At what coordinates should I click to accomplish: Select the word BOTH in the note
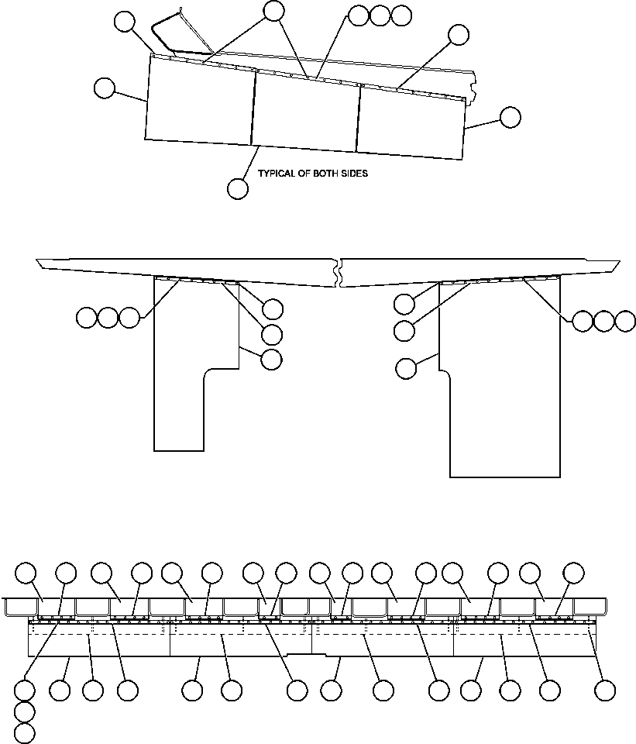coord(326,174)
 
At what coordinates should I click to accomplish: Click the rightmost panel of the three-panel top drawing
coord(411,124)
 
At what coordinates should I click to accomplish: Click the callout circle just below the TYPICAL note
coord(238,188)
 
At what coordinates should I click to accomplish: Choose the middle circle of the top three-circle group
coord(380,15)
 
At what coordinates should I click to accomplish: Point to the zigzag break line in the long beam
coord(338,272)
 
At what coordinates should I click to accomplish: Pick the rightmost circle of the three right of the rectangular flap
coord(625,320)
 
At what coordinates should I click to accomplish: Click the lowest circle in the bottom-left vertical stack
coord(25,732)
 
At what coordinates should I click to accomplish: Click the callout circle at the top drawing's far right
coord(510,117)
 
